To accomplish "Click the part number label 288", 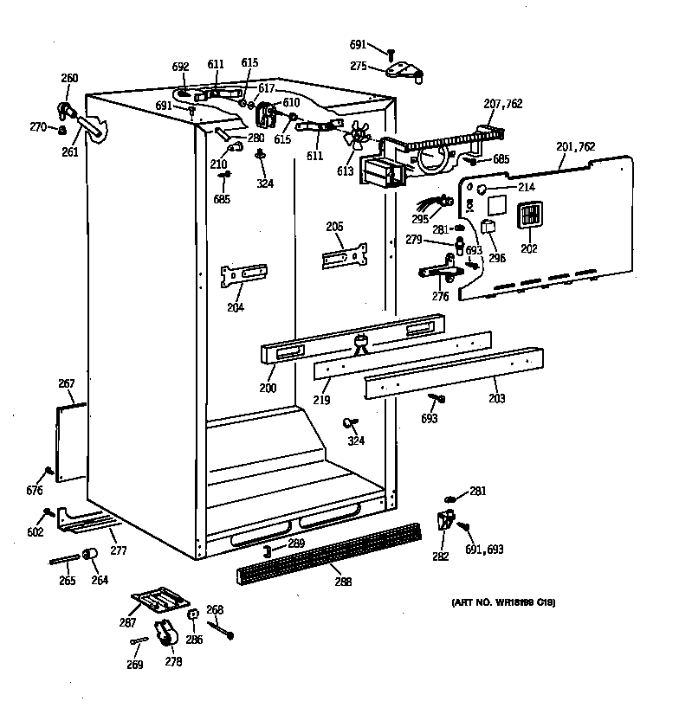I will pos(343,582).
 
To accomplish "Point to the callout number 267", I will pos(67,384).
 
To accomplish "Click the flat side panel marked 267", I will pos(70,441).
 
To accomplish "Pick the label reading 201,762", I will pos(575,147).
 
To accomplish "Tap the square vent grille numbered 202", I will pos(529,215).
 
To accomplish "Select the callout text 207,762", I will pos(502,104).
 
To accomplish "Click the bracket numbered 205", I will pos(344,256).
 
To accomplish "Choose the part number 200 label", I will pos(268,389).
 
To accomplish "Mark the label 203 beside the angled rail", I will pos(496,398).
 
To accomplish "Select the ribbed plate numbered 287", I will pos(159,599).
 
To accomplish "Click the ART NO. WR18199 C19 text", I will pos(502,602).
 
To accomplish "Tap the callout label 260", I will pos(69,79).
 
